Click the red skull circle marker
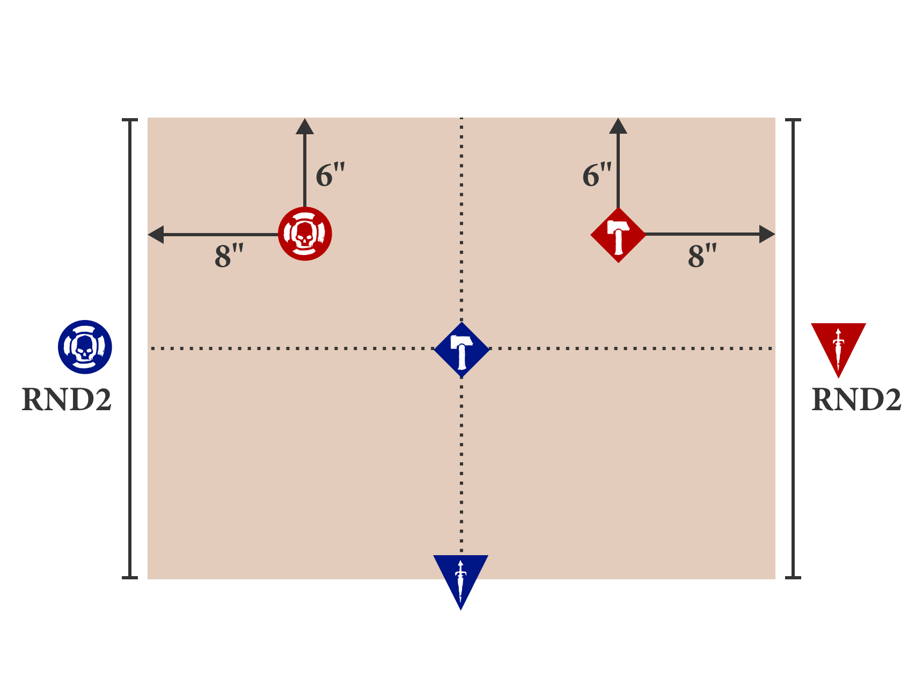(305, 234)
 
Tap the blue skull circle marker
(85, 347)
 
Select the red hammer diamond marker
(618, 235)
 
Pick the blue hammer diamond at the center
(462, 350)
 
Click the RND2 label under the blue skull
(67, 399)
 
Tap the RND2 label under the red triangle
(856, 399)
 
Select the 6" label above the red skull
(330, 175)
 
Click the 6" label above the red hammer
(597, 175)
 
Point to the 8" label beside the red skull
(229, 256)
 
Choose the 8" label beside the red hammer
(702, 256)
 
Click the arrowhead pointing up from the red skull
(305, 127)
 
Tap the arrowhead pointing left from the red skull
(156, 235)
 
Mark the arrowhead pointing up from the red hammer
(618, 127)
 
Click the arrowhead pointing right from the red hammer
(767, 235)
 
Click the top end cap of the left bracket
(130, 120)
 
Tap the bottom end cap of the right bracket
(793, 578)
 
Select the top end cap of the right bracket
(793, 120)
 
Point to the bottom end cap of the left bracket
(130, 578)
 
